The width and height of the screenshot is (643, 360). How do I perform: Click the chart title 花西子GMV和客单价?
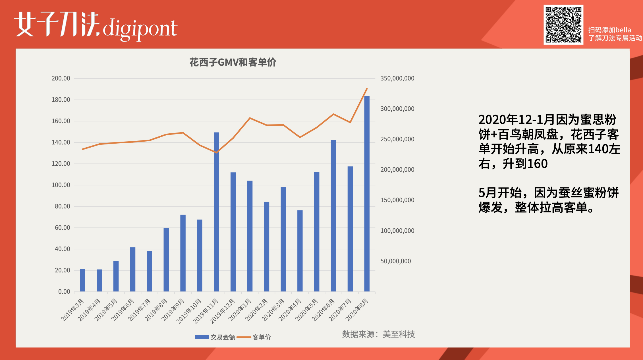(233, 62)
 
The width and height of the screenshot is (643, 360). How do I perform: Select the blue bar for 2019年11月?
(216, 212)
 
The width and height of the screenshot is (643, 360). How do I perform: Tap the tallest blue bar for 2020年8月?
(367, 193)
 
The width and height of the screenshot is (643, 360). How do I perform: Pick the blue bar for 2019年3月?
(82, 280)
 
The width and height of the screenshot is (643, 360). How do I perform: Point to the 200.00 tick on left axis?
(61, 78)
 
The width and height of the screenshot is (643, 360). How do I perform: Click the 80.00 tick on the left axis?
(62, 206)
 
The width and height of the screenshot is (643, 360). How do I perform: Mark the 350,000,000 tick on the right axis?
(397, 78)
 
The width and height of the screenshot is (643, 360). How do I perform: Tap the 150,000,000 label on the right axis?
(397, 200)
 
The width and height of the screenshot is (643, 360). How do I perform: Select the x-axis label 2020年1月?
(240, 310)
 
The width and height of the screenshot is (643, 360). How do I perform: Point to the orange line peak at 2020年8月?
(367, 89)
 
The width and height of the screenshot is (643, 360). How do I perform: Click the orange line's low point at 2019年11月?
(216, 152)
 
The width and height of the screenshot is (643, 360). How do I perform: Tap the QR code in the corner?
(563, 25)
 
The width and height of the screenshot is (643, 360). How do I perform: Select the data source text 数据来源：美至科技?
(378, 334)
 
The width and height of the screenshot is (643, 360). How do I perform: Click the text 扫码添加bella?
(609, 30)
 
